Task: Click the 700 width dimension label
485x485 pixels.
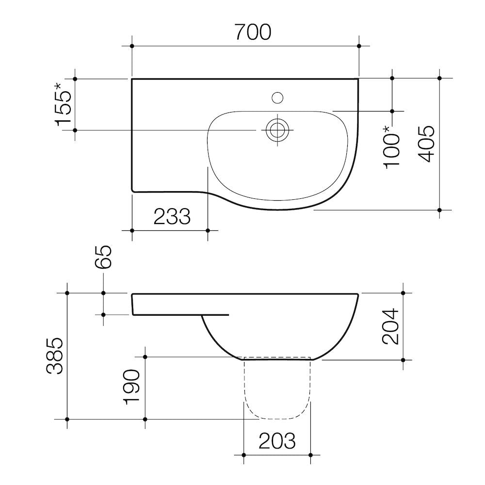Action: pos(253,32)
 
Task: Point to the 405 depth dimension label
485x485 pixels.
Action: pos(427,144)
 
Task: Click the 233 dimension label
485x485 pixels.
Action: pos(172,217)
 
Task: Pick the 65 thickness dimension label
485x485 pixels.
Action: pos(103,257)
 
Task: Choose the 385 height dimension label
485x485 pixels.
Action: pos(55,356)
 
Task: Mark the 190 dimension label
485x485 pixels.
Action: pos(132,387)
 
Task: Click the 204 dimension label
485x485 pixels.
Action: pos(390,326)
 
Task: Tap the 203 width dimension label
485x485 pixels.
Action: pos(277,441)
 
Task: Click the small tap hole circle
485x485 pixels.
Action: pos(277,98)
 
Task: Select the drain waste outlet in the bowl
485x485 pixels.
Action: pos(277,130)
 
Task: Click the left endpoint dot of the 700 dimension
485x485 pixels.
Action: pos(132,46)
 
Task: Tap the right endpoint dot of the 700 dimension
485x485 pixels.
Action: pos(359,46)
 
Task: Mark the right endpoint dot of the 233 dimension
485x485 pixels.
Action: pos(208,230)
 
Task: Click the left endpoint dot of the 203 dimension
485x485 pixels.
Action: pos(243,455)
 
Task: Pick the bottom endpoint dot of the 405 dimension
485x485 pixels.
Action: pos(439,210)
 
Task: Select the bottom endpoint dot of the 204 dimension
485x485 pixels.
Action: pos(403,360)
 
